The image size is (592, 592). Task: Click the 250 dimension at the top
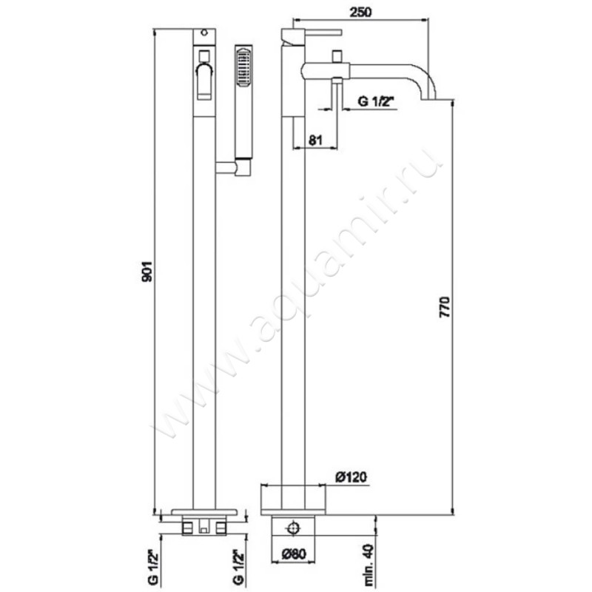tap(360, 12)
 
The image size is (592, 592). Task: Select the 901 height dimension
tap(147, 271)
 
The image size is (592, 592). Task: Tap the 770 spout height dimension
tap(445, 307)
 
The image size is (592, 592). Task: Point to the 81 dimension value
tap(316, 140)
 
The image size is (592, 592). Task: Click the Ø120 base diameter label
tap(351, 477)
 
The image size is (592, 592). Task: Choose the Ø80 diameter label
tap(293, 554)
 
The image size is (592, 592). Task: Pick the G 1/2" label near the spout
tap(376, 101)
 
